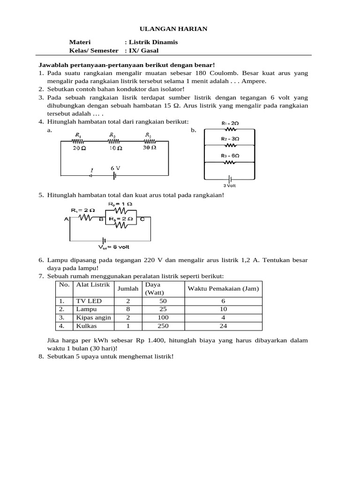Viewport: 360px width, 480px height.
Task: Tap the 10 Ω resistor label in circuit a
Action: coord(115,147)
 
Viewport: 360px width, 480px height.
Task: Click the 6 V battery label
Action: coord(115,168)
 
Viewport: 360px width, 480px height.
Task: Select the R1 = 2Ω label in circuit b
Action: coord(230,123)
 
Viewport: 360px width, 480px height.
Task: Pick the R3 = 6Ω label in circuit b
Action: coord(230,156)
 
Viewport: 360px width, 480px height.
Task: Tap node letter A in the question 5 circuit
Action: coord(66,218)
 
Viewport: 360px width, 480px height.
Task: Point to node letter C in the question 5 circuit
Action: coord(142,218)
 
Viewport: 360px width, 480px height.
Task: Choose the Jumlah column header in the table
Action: coord(128,289)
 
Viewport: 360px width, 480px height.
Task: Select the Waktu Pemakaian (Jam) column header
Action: coord(223,289)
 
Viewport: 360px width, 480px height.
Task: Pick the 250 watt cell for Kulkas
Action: coord(163,326)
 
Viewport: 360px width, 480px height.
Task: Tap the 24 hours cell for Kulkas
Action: coord(223,326)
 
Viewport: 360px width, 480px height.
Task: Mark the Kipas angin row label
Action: coord(93,317)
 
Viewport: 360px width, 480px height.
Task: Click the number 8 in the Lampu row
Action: coord(128,309)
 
